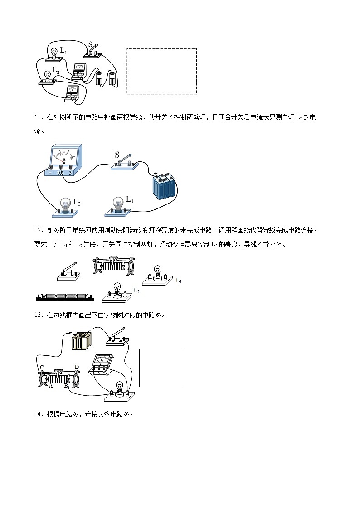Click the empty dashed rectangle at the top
(162, 71)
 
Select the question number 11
(38, 117)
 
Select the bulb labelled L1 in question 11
(118, 205)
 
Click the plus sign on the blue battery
(156, 173)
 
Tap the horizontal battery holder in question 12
(64, 297)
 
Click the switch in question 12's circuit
(68, 271)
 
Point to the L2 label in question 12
(136, 291)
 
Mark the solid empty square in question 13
(161, 368)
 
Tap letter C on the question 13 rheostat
(41, 367)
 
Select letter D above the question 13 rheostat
(77, 367)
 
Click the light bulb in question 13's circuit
(120, 389)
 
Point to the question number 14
(38, 414)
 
